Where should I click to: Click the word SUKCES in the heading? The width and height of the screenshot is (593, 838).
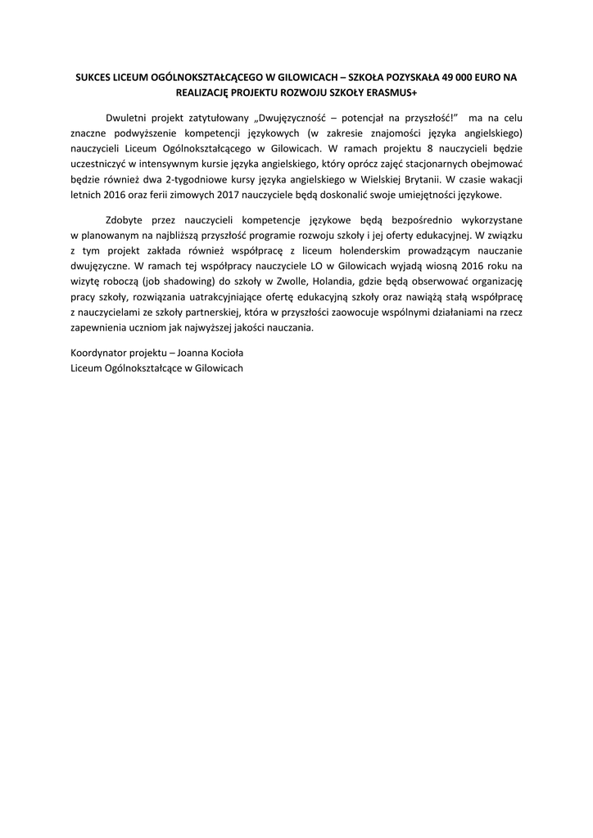tap(96, 77)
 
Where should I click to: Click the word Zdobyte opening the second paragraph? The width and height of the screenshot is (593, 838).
tap(126, 220)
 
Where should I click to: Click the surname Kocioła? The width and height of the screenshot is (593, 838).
tap(226, 353)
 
